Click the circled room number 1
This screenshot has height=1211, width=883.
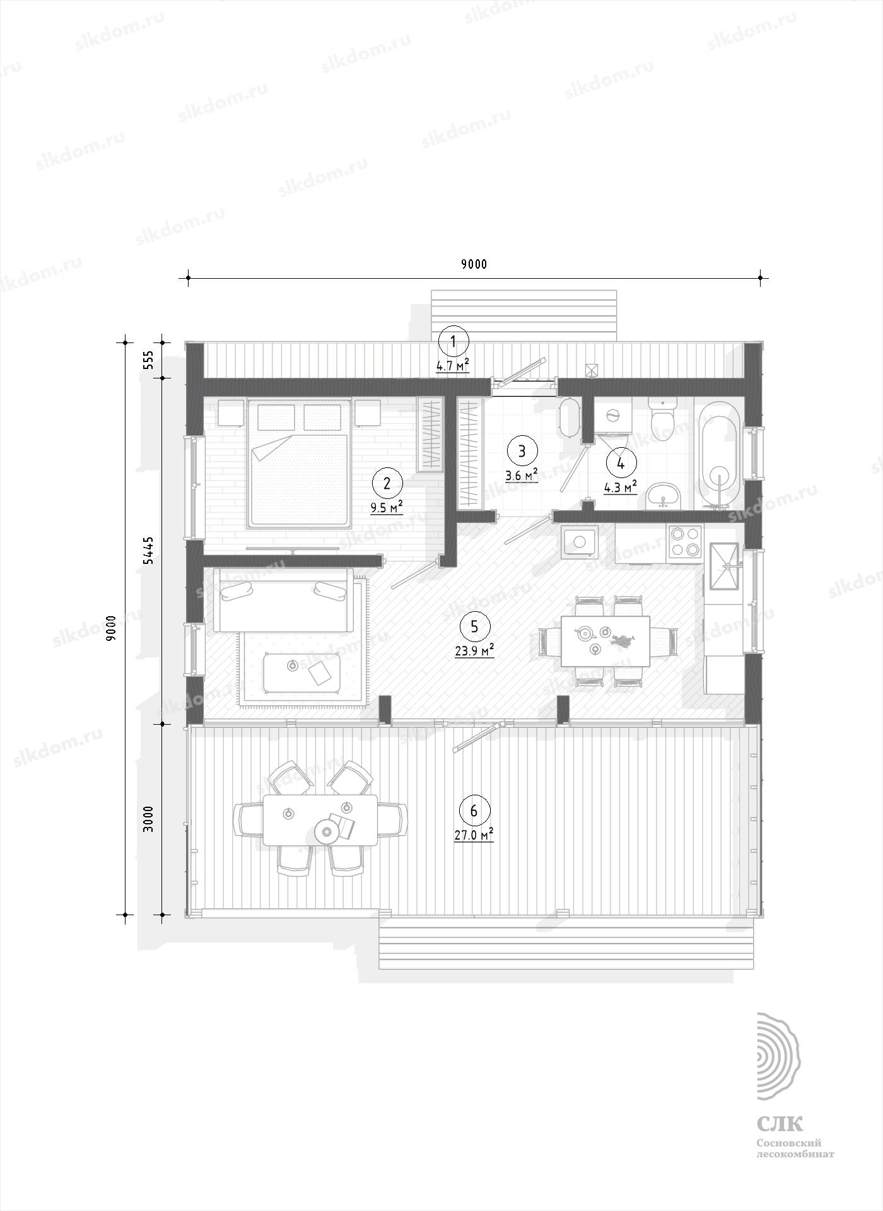tap(453, 342)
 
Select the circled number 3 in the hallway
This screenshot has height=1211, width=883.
tap(521, 451)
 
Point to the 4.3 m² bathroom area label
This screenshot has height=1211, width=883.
tap(620, 487)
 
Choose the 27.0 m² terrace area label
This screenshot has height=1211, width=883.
tap(474, 834)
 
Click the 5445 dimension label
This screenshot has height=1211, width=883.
tap(148, 551)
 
